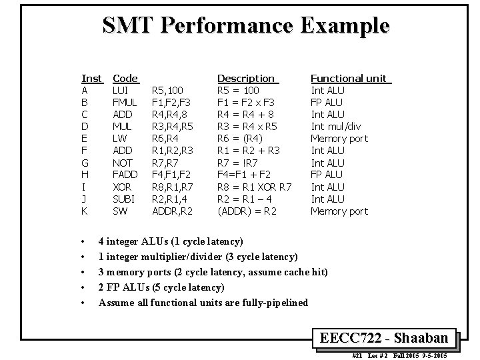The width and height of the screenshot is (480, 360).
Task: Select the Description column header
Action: [246, 79]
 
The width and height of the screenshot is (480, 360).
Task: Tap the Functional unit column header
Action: [349, 79]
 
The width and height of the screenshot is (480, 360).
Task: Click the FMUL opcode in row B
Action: [125, 103]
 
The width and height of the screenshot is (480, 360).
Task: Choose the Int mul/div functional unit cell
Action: [337, 127]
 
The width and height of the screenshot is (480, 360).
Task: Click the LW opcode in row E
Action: [119, 139]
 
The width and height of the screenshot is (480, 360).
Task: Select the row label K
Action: [85, 211]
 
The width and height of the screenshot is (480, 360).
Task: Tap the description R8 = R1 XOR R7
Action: [255, 187]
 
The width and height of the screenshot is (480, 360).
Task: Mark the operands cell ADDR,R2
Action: [172, 211]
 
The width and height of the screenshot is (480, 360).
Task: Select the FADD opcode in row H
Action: [124, 175]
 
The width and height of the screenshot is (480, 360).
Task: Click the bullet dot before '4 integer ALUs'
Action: [81, 241]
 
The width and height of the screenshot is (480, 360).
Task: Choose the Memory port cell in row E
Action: [339, 139]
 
